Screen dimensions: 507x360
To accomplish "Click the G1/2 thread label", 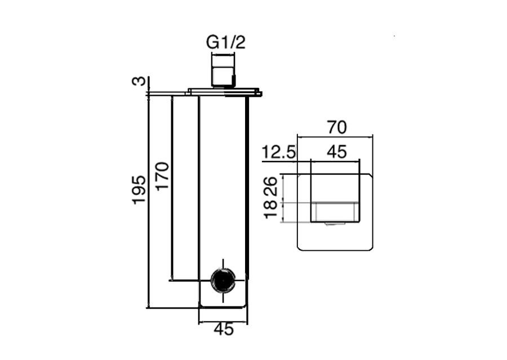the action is click(x=226, y=42).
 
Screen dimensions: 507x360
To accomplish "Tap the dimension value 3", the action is click(x=139, y=81).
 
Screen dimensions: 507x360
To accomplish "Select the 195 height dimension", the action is click(x=139, y=189).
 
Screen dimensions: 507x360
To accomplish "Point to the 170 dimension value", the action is click(x=162, y=176).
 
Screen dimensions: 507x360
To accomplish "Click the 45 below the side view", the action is click(x=224, y=329).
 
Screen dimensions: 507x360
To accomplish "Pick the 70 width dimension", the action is click(x=337, y=127).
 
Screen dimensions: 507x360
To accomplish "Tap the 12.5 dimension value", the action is click(x=279, y=152).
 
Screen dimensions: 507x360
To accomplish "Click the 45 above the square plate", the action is click(x=337, y=152).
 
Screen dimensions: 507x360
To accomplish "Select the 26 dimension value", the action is click(x=271, y=186).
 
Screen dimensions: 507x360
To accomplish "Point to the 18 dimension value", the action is click(x=271, y=209).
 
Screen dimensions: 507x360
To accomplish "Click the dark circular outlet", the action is click(x=223, y=280).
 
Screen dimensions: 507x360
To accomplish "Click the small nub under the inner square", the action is click(x=335, y=224).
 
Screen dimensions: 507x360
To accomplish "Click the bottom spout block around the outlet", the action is click(x=223, y=294).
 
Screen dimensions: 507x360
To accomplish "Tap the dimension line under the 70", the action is click(x=335, y=137).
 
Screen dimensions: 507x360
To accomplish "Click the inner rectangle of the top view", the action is click(x=335, y=198).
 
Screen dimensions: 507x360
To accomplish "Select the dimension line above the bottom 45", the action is click(x=224, y=322).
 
